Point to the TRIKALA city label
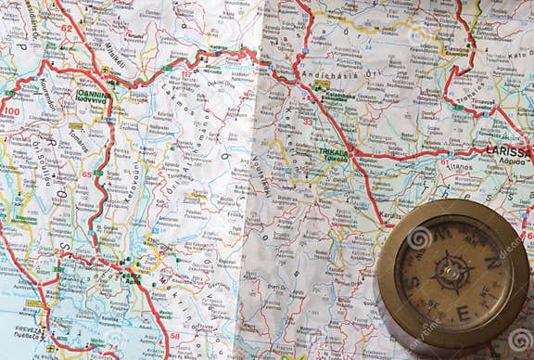pyautogui.click(x=333, y=152)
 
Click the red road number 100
pyautogui.click(x=10, y=110)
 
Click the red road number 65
pyautogui.click(x=87, y=174)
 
